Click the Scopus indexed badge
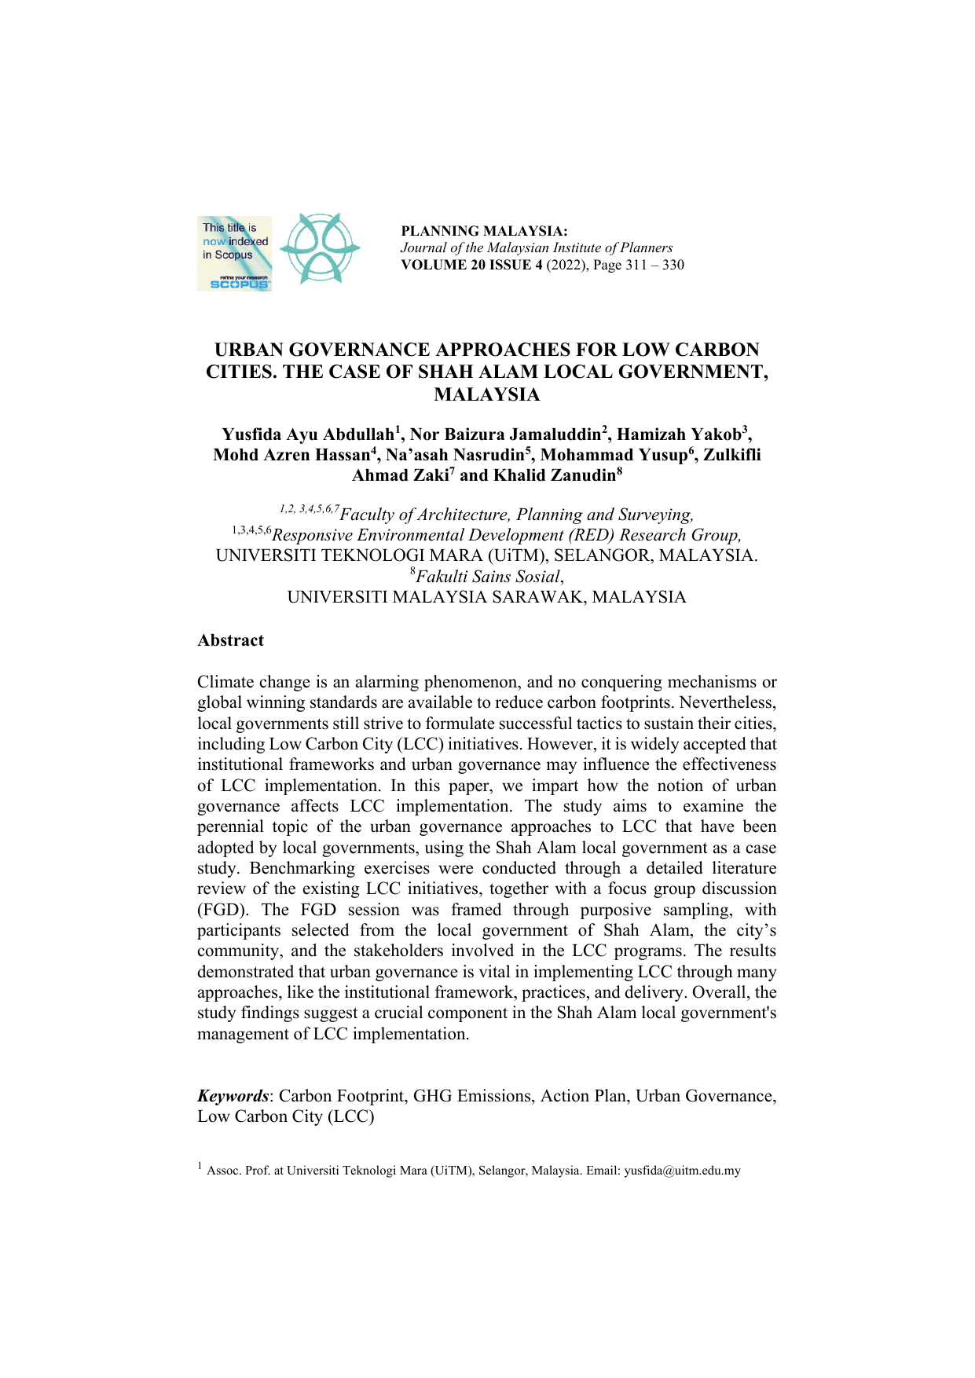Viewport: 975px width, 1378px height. (x=234, y=254)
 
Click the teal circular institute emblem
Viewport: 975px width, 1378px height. (x=320, y=248)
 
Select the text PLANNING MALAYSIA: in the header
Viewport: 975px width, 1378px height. (x=484, y=231)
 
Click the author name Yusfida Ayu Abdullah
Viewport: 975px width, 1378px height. (x=307, y=435)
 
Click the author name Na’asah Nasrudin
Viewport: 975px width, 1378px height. (x=454, y=456)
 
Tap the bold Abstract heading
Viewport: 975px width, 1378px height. (x=230, y=640)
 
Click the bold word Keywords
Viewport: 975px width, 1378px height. (x=232, y=1096)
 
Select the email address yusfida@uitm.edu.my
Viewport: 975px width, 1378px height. (x=682, y=1171)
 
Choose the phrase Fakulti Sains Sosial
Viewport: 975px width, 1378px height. (x=488, y=577)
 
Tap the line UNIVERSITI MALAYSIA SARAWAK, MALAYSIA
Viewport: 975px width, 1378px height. (x=486, y=597)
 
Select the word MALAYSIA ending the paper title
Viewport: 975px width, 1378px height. (x=486, y=395)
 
